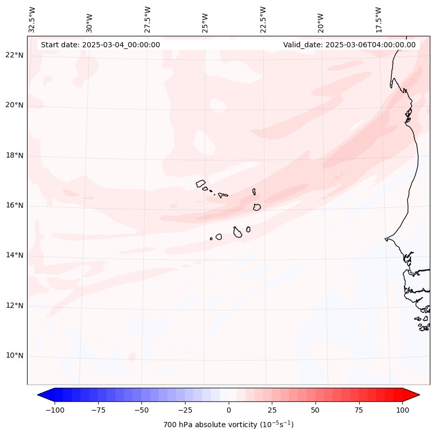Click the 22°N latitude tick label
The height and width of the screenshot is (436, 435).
tap(15, 55)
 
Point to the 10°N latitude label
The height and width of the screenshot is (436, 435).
tap(15, 356)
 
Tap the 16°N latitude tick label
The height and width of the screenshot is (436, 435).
tap(15, 205)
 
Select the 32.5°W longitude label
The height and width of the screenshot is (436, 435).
tap(32, 19)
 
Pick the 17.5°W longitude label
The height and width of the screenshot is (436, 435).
tap(378, 19)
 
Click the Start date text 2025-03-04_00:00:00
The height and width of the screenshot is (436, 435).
tap(100, 45)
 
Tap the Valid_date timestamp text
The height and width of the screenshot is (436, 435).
tap(349, 45)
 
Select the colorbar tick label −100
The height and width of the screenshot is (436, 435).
tap(54, 410)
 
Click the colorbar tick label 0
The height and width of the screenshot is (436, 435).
tap(228, 410)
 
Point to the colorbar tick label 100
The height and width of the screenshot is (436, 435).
tap(402, 410)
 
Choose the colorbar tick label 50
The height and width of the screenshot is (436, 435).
tap(315, 410)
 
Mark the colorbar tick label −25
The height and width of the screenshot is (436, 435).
tap(183, 410)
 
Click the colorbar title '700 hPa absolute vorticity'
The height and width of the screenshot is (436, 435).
tap(228, 425)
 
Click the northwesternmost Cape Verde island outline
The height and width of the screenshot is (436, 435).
tap(201, 183)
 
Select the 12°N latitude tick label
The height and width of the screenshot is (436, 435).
tap(15, 306)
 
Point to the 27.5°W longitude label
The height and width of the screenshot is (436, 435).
tap(148, 19)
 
